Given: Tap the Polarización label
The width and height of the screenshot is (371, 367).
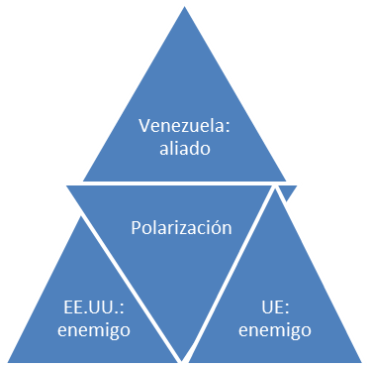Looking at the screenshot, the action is click(182, 227).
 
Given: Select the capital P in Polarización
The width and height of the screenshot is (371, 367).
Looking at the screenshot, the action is click(137, 227).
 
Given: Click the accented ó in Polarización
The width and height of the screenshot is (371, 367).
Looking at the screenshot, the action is click(218, 227).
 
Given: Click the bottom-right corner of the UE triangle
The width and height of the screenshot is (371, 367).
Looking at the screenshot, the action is click(367, 360).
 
